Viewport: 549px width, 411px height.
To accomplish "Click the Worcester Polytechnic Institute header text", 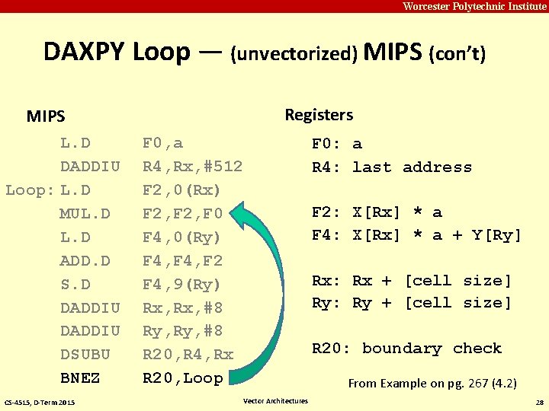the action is pyautogui.click(x=474, y=6).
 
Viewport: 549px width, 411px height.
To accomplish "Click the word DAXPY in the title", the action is pyautogui.click(x=85, y=52).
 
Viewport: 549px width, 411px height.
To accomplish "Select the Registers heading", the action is pyautogui.click(x=319, y=115).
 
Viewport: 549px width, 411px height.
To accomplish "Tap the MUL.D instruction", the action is pyautogui.click(x=85, y=214).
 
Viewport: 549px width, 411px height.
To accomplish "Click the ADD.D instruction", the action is pyautogui.click(x=85, y=261).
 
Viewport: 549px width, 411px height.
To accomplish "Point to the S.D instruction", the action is pyautogui.click(x=75, y=285).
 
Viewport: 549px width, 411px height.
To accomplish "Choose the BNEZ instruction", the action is pyautogui.click(x=80, y=378).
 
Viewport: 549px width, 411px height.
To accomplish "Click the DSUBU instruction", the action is pyautogui.click(x=85, y=355).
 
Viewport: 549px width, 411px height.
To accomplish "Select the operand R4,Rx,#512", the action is pyautogui.click(x=192, y=167).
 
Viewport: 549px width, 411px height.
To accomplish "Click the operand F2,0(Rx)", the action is pyautogui.click(x=181, y=190).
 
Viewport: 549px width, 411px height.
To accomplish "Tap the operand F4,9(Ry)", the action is pyautogui.click(x=181, y=285).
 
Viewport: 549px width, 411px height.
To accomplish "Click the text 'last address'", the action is pyautogui.click(x=412, y=167).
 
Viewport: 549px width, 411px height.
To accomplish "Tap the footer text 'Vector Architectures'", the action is pyautogui.click(x=275, y=401).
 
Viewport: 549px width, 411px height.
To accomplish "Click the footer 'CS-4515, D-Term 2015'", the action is pyautogui.click(x=40, y=402).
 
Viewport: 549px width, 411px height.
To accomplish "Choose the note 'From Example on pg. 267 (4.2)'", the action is pyautogui.click(x=432, y=384).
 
